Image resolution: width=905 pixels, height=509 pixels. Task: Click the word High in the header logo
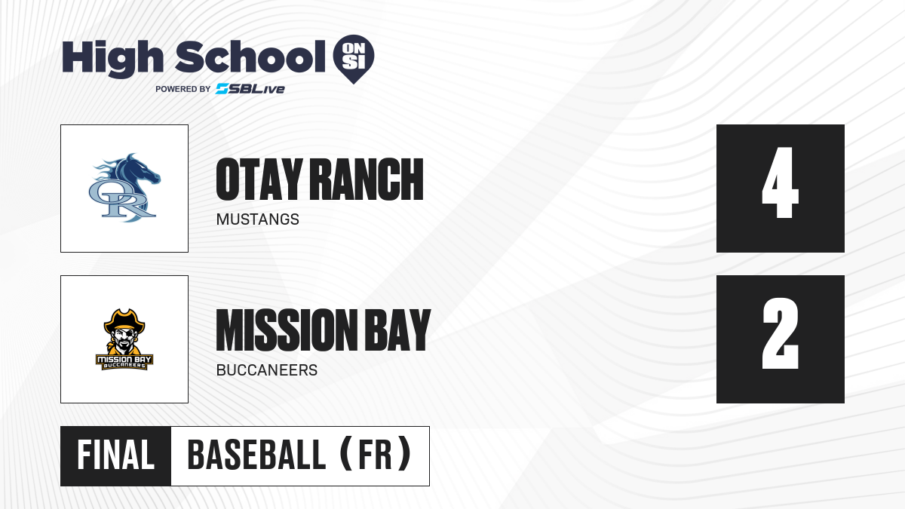click(x=112, y=59)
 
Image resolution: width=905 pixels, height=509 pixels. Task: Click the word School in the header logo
click(x=250, y=57)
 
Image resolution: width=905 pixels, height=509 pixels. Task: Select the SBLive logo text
click(x=250, y=89)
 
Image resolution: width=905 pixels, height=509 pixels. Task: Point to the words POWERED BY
click(x=183, y=89)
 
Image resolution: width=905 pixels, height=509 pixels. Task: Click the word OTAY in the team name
click(x=259, y=179)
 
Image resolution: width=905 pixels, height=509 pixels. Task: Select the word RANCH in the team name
click(x=367, y=179)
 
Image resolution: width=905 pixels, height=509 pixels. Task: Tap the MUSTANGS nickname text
click(x=258, y=219)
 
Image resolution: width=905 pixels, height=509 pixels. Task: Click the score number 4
click(x=780, y=182)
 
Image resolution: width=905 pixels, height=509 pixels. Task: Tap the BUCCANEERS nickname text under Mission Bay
click(x=267, y=370)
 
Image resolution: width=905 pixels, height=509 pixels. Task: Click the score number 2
click(x=781, y=333)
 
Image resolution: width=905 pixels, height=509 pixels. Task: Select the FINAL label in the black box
click(x=116, y=455)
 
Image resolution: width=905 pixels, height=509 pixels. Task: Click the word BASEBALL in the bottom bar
click(x=256, y=455)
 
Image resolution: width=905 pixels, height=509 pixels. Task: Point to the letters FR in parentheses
click(x=375, y=455)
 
